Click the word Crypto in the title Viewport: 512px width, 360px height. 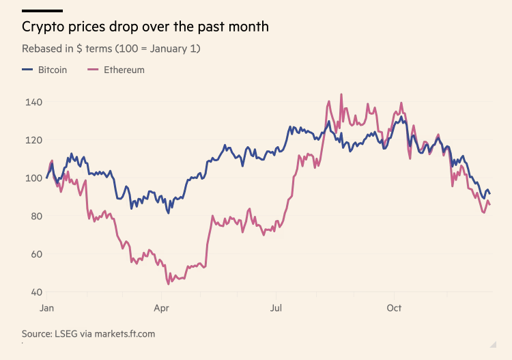[42, 27]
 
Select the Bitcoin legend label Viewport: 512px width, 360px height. [53, 70]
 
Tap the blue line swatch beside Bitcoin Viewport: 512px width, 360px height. [27, 70]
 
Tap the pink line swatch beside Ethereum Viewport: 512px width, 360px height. [93, 70]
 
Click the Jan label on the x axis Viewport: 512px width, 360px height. [47, 308]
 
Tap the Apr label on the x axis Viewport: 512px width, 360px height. [161, 308]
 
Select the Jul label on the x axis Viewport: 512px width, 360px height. [276, 308]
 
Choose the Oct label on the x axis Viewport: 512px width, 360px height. [394, 308]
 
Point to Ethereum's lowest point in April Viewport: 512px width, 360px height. [168, 283]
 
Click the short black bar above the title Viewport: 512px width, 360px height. [42, 11]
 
